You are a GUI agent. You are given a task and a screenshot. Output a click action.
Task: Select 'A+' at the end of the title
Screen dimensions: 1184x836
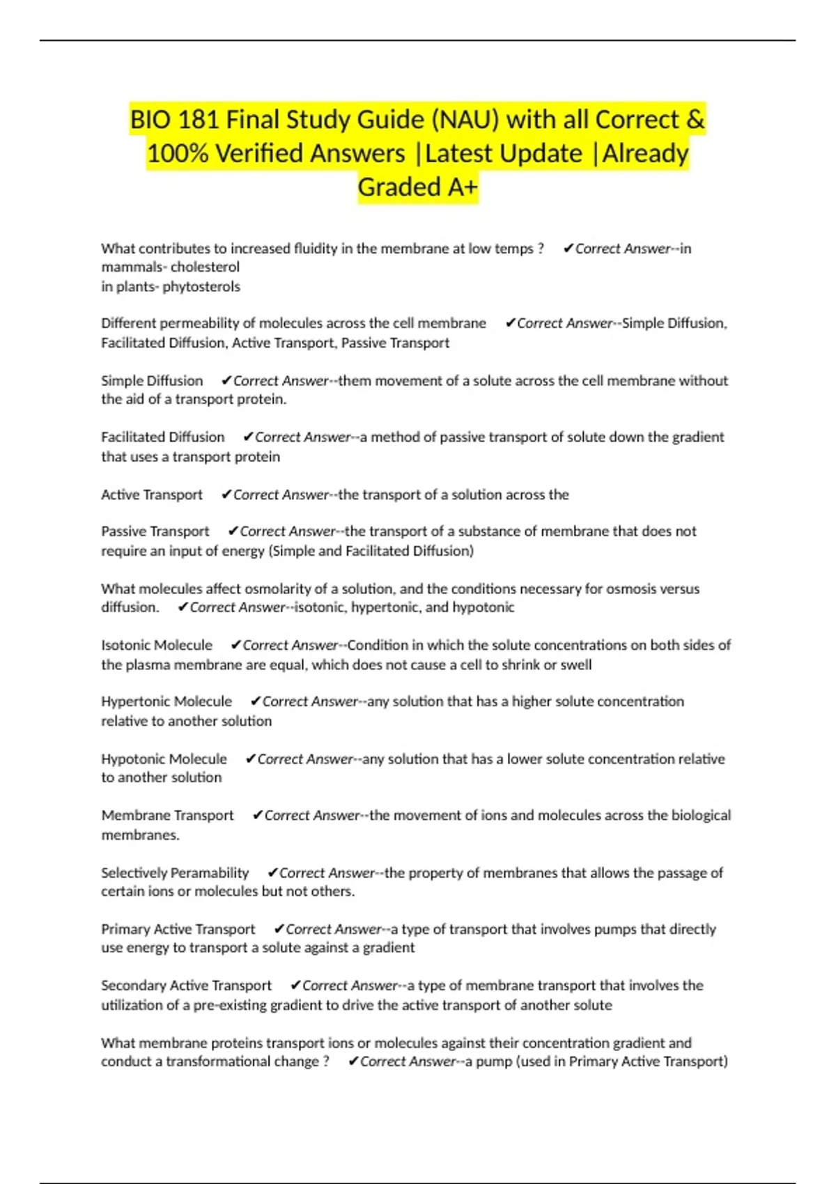[463, 187]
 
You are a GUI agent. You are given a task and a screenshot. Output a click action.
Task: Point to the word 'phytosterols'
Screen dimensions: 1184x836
[201, 286]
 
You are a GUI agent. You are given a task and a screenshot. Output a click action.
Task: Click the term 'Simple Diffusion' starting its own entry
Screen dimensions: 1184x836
[152, 380]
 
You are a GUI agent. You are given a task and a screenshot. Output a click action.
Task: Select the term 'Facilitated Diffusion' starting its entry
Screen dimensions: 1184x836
[163, 437]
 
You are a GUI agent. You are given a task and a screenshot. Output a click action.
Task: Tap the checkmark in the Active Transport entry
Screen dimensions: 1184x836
[226, 494]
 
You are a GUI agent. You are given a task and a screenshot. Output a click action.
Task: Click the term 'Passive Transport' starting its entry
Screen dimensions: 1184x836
[155, 531]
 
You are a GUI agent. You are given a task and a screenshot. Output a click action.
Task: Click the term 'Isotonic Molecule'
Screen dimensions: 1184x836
[157, 645]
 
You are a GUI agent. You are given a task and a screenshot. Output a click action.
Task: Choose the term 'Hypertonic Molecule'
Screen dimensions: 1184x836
[167, 701]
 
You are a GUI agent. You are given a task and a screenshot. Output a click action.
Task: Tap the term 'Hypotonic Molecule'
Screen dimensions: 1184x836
[164, 758]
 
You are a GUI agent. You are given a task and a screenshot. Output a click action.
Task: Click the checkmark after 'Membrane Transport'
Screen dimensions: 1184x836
[257, 815]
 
